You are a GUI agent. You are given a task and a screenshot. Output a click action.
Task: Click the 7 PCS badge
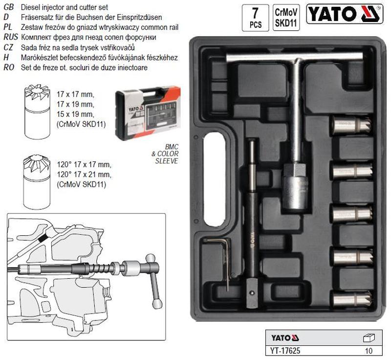255,18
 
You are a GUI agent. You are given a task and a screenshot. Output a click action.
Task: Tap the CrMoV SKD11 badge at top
286,18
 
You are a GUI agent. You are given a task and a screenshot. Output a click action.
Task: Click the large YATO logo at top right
345,14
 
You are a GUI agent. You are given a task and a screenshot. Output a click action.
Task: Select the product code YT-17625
285,351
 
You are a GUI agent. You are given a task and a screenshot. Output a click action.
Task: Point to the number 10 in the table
369,351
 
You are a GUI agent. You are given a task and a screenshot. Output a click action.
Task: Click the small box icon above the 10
369,338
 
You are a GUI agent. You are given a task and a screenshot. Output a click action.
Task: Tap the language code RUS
11,37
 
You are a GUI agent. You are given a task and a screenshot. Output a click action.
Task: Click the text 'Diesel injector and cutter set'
65,7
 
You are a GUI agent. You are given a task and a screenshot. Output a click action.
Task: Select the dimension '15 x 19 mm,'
76,114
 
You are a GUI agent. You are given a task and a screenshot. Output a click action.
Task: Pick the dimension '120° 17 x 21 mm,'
84,175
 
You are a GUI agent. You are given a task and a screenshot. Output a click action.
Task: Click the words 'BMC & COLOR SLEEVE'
165,154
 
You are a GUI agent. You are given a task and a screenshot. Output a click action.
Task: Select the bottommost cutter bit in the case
352,299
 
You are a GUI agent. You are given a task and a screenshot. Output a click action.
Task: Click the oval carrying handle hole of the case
215,179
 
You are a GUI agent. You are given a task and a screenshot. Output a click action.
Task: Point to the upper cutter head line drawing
37,112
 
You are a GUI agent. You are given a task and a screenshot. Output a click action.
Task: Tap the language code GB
9,7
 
